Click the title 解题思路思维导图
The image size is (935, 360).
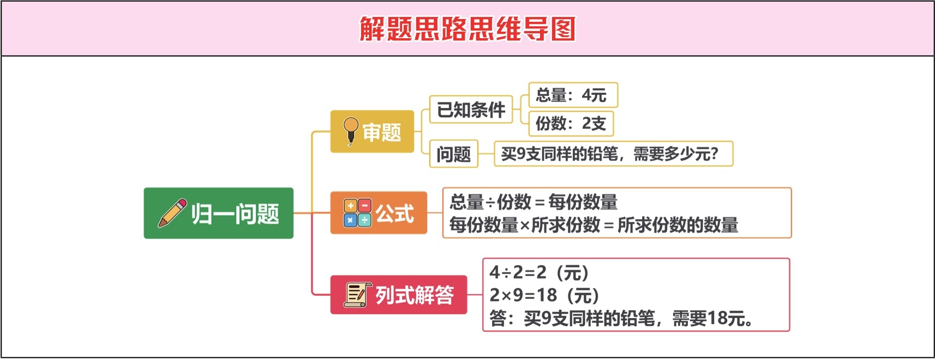click(x=467, y=29)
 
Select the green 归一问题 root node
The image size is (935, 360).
click(x=218, y=213)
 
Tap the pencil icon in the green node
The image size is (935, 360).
click(x=172, y=213)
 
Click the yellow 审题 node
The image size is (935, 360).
click(x=372, y=131)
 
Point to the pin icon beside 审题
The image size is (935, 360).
click(x=351, y=131)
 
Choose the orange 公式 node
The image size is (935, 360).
click(x=379, y=213)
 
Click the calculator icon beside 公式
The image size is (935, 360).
click(x=357, y=213)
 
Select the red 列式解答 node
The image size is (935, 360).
click(x=399, y=295)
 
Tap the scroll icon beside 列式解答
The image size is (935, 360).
click(x=357, y=295)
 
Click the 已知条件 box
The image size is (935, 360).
click(x=471, y=109)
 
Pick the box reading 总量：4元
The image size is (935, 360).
click(x=573, y=95)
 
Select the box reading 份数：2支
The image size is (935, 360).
click(x=571, y=123)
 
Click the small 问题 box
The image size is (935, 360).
click(x=454, y=153)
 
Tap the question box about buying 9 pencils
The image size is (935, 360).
click(x=613, y=153)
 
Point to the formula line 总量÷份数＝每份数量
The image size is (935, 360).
click(x=534, y=202)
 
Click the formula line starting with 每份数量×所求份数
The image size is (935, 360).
click(x=594, y=225)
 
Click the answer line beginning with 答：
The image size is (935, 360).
click(x=621, y=319)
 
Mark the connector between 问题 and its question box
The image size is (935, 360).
click(x=486, y=153)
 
